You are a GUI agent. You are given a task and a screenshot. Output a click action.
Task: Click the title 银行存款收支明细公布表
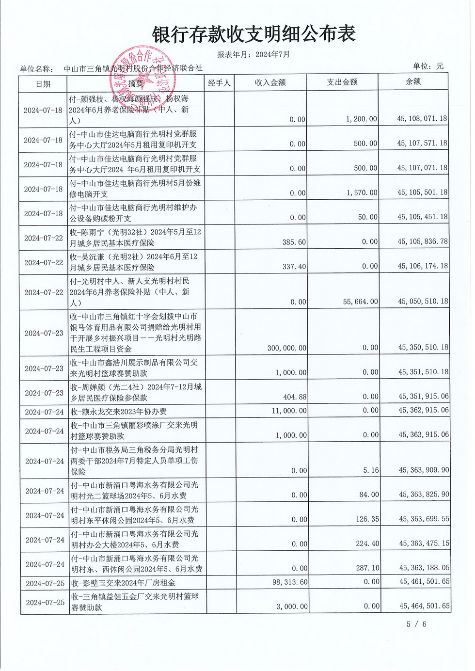pyautogui.click(x=253, y=34)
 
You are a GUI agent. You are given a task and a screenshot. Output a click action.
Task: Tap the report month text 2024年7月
pyautogui.click(x=272, y=54)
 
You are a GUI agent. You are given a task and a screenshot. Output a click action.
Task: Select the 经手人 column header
pyautogui.click(x=219, y=83)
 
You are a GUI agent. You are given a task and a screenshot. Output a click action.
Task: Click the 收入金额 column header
pyautogui.click(x=270, y=82)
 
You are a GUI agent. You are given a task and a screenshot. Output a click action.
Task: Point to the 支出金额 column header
pyautogui.click(x=342, y=82)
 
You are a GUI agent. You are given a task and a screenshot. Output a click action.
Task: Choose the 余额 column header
pyautogui.click(x=413, y=81)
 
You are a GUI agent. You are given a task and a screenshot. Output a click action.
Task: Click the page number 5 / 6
pyautogui.click(x=416, y=624)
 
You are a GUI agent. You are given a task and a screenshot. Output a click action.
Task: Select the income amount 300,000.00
pyautogui.click(x=287, y=348)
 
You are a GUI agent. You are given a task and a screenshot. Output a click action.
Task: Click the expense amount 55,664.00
pyautogui.click(x=360, y=302)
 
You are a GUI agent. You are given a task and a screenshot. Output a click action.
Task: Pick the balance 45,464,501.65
pyautogui.click(x=424, y=606)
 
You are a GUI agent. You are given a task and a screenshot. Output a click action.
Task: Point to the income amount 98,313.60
pyautogui.click(x=290, y=582)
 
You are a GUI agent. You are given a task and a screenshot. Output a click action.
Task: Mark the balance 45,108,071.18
pyautogui.click(x=422, y=118)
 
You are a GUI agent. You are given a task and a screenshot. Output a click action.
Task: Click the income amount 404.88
pyautogui.click(x=295, y=397)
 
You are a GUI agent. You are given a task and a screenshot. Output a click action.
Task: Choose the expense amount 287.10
pyautogui.click(x=368, y=568)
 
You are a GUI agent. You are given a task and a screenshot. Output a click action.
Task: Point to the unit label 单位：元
pyautogui.click(x=428, y=66)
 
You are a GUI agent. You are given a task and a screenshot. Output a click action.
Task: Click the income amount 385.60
pyautogui.click(x=294, y=241)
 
